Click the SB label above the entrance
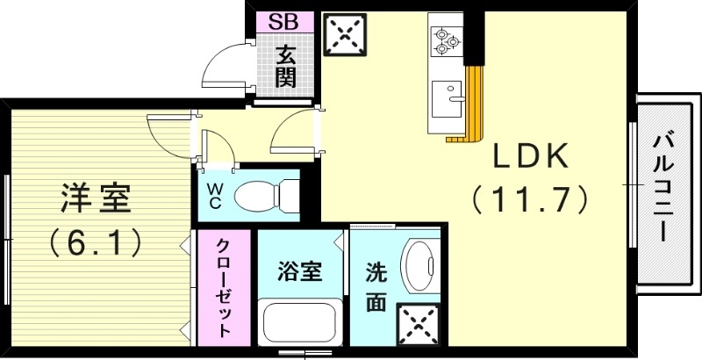point(282,21)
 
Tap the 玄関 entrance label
point(284,66)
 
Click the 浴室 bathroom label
point(299,271)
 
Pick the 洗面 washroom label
point(376,286)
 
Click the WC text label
point(215,194)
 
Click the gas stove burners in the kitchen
point(445,39)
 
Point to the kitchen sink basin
point(449,93)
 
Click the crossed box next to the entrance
point(344,38)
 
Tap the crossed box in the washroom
point(418,324)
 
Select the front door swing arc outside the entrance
point(223,66)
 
